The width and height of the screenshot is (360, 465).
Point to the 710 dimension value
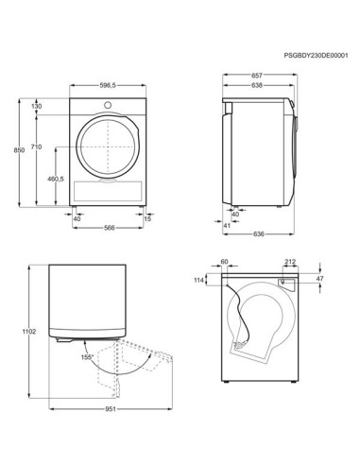coord(36,149)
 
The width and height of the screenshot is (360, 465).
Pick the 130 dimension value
coord(36,107)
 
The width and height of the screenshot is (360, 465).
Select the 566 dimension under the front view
coord(109,227)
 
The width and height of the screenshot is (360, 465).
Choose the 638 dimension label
coord(256,85)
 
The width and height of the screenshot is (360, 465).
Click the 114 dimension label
coord(199,281)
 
